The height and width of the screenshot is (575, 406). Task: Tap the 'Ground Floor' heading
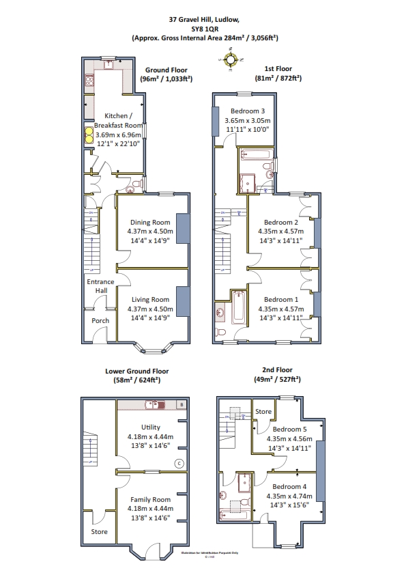(x=166, y=70)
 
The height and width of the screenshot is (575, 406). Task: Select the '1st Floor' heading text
(x=278, y=70)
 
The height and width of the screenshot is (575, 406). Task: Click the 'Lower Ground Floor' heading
(x=136, y=371)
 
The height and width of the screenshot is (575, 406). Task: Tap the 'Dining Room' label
(x=150, y=222)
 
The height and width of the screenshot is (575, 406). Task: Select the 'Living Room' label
(x=150, y=299)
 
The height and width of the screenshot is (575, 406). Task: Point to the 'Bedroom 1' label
(x=281, y=299)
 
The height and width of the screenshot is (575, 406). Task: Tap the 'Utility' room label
(x=150, y=427)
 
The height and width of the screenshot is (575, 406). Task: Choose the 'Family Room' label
(x=150, y=499)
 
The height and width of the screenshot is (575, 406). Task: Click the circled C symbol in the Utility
(x=179, y=464)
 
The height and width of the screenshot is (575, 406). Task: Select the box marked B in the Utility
(x=181, y=405)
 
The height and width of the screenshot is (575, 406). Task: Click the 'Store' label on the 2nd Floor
(x=263, y=412)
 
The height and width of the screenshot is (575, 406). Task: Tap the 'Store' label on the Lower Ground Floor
(x=100, y=531)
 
